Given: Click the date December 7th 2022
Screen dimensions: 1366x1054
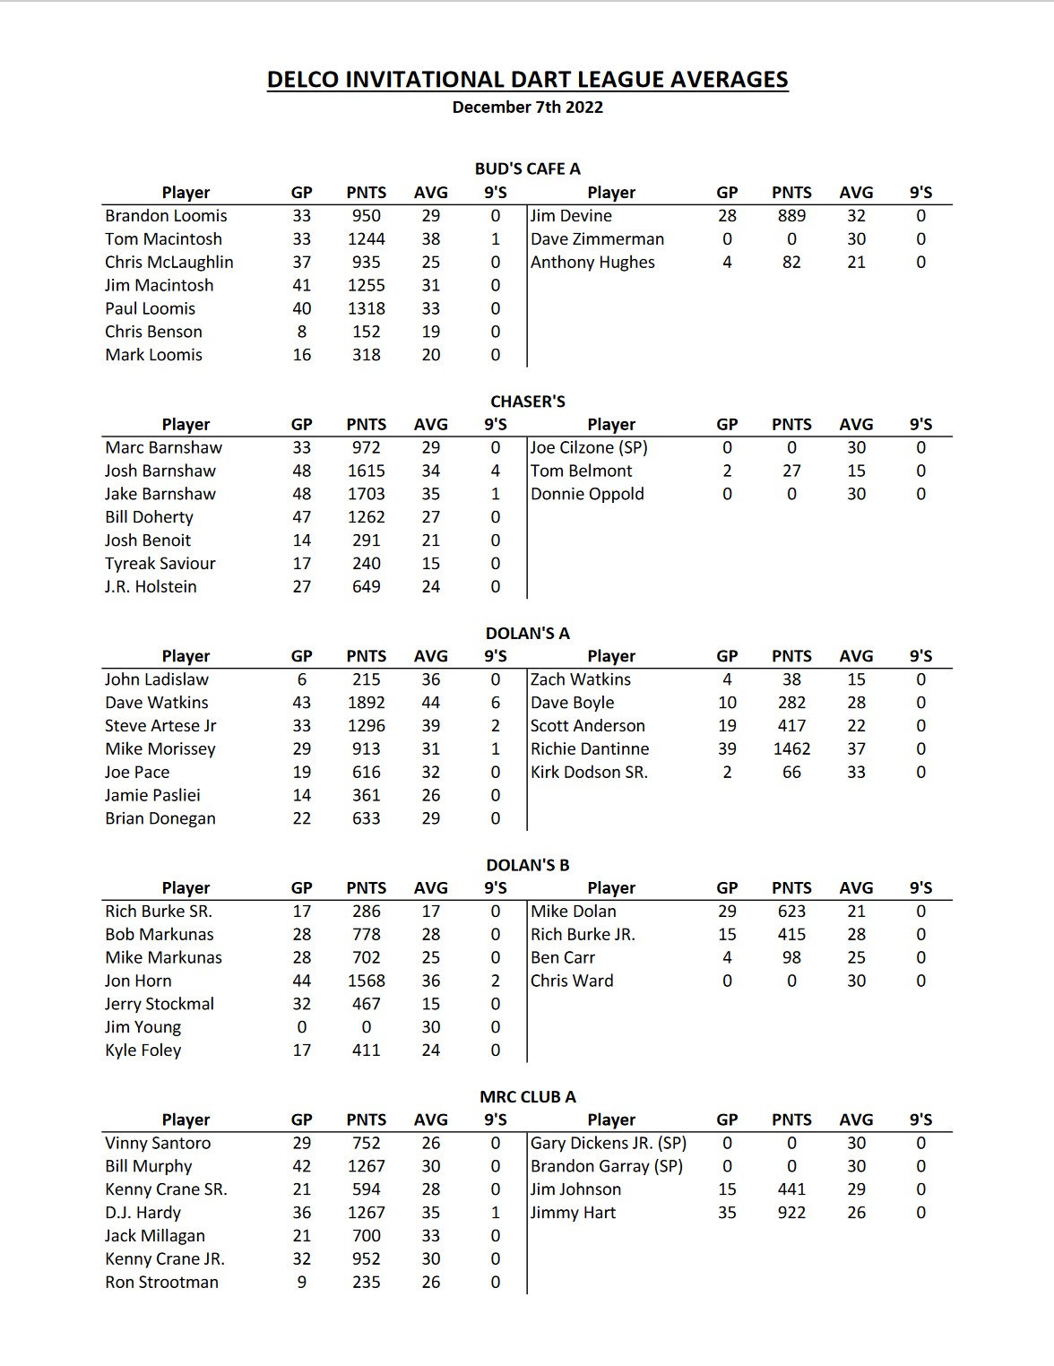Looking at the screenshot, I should tap(527, 108).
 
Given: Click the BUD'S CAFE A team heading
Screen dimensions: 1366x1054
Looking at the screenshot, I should tap(527, 169).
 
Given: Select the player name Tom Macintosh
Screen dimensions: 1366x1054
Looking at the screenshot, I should tap(163, 239).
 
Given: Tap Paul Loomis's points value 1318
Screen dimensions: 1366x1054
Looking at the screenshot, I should tap(366, 308).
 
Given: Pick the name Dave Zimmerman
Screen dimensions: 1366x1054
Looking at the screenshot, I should tap(597, 239).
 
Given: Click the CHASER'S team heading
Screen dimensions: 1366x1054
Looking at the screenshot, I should tap(527, 402).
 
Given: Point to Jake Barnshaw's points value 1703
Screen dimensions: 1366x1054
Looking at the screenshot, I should tap(366, 494).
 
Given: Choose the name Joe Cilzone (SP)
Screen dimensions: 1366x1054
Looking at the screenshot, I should tap(589, 447).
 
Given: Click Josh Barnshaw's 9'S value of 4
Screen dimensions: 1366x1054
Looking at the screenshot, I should tap(496, 471).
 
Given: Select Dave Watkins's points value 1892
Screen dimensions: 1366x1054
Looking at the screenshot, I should tap(366, 703).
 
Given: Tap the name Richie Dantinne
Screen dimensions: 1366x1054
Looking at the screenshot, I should tap(590, 749).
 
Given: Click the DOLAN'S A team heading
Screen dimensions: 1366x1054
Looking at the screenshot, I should tap(527, 634).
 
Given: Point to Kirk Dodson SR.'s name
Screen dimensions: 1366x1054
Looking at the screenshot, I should tap(589, 773).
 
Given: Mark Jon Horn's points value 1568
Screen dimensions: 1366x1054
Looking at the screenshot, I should tap(366, 981).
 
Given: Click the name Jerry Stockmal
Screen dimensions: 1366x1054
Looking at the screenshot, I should tap(160, 1004).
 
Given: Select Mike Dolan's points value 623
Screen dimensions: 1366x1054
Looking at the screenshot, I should tap(791, 912).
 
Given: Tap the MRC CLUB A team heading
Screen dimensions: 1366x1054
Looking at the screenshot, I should tap(527, 1097).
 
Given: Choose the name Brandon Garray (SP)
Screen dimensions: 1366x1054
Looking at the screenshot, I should tap(607, 1166).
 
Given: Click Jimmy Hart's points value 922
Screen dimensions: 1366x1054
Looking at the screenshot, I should tap(791, 1213).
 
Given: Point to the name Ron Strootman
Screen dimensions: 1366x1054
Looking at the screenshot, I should tap(161, 1283).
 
